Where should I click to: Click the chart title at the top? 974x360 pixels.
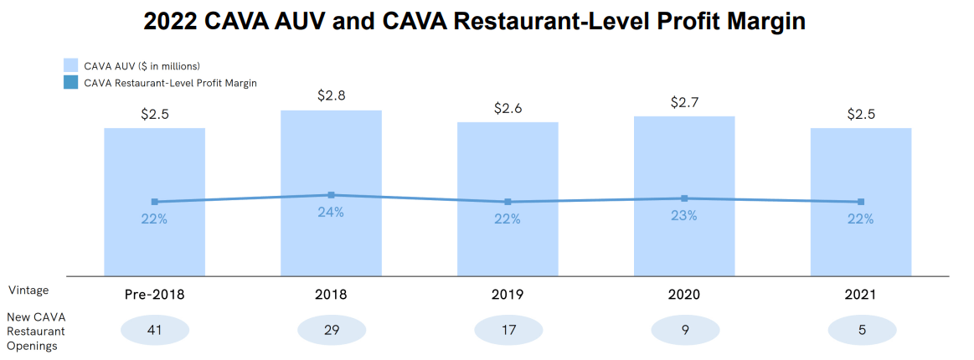point(474,21)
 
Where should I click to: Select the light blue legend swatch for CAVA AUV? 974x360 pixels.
point(71,65)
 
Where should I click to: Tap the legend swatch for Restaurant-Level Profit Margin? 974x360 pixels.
point(71,83)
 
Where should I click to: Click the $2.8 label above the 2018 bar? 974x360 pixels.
point(331,95)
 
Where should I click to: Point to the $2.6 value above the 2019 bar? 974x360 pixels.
point(508,109)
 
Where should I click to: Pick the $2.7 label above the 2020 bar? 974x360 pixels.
point(684,103)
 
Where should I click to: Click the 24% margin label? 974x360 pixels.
point(331,212)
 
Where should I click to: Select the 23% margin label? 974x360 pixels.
point(684,215)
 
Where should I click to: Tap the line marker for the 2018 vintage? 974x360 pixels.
point(331,195)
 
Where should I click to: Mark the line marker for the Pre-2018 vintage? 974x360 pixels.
point(155,202)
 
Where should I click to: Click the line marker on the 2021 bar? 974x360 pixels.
point(861,202)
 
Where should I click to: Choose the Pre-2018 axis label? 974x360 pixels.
point(155,295)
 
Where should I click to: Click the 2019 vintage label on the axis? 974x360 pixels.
point(508,295)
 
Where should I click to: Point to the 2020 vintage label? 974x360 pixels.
point(684,295)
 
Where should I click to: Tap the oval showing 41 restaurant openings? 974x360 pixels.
point(155,331)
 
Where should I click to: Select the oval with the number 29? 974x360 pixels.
point(331,331)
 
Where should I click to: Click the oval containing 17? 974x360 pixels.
point(508,331)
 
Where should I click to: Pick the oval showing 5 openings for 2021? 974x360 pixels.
point(861,331)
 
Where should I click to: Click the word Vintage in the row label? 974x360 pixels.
point(28,291)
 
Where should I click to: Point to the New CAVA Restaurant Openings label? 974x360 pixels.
point(36,331)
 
